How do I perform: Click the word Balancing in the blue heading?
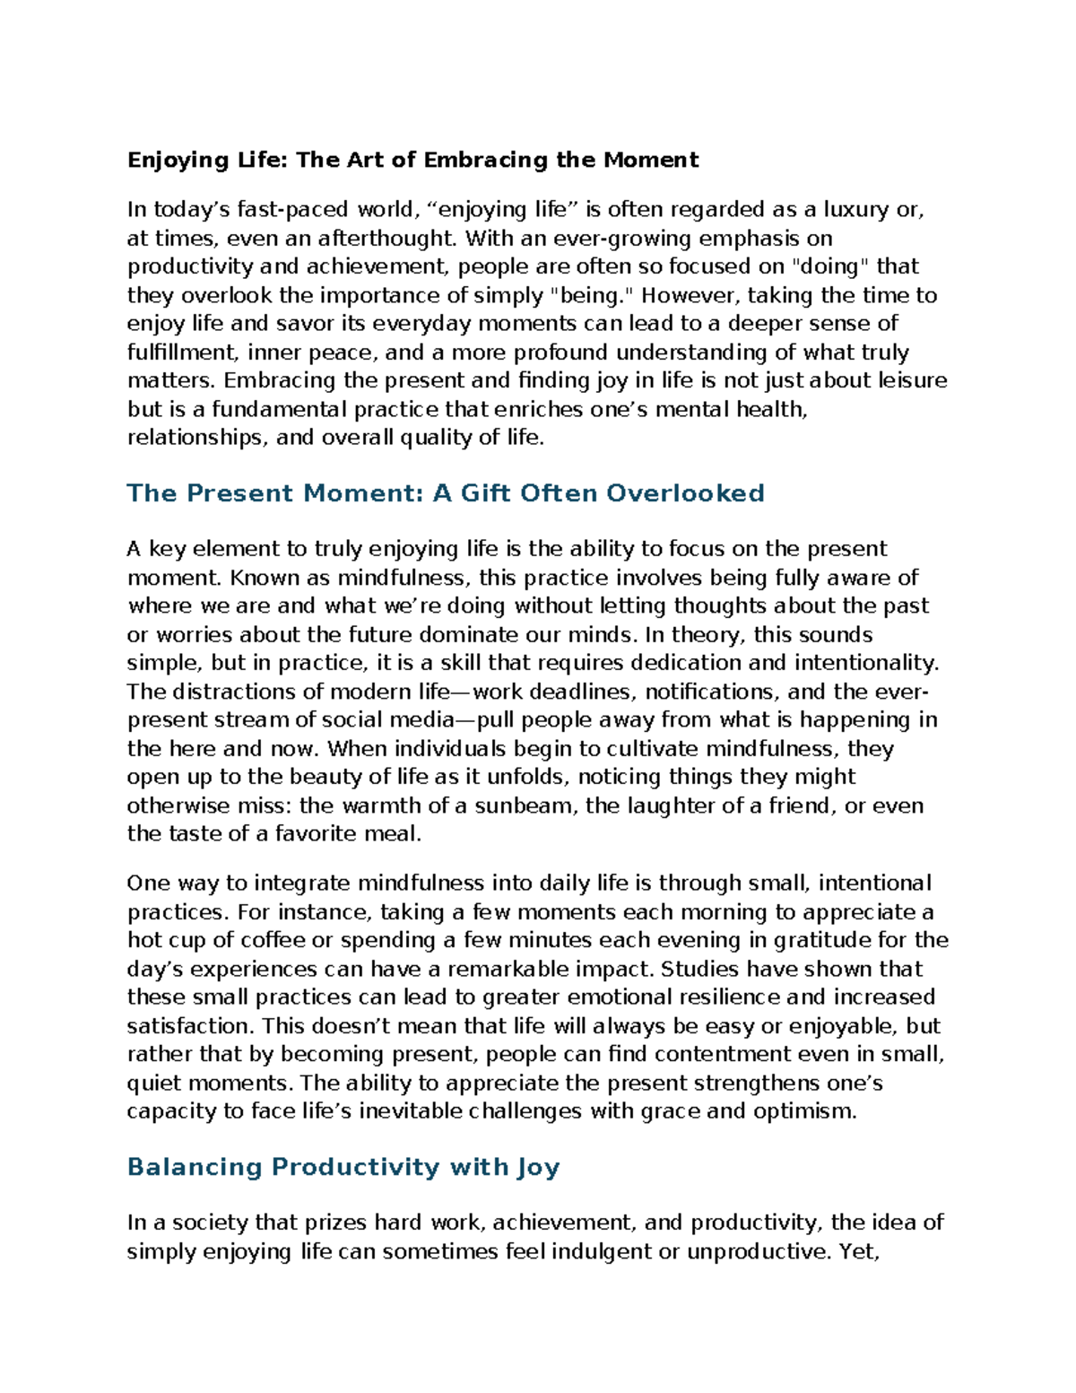coord(195,1167)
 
